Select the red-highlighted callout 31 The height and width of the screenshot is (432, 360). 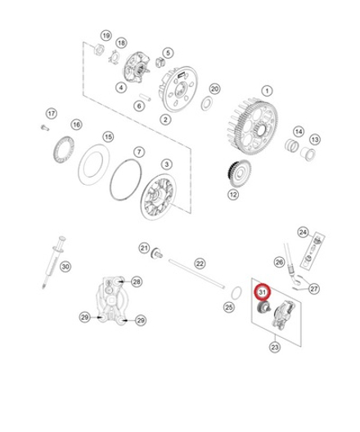tap(263, 291)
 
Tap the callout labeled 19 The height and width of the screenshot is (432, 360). tap(105, 36)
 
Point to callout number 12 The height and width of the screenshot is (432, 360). tap(233, 195)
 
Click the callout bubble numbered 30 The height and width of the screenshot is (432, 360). tap(65, 266)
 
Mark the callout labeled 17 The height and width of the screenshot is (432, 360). tap(51, 113)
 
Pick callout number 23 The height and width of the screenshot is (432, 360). tap(274, 347)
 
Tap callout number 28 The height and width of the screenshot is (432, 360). tap(137, 281)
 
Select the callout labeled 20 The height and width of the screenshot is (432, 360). tap(214, 88)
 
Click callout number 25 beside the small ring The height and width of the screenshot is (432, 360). tap(228, 308)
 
